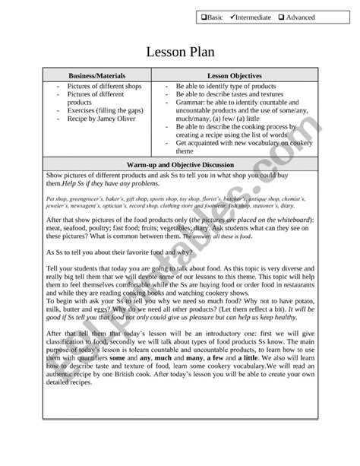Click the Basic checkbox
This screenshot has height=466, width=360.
click(204, 17)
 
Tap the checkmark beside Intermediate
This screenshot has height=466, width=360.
click(234, 17)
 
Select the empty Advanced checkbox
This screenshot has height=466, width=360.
click(281, 17)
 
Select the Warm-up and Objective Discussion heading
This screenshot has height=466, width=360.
click(179, 164)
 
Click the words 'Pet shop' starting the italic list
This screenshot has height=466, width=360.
click(58, 198)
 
